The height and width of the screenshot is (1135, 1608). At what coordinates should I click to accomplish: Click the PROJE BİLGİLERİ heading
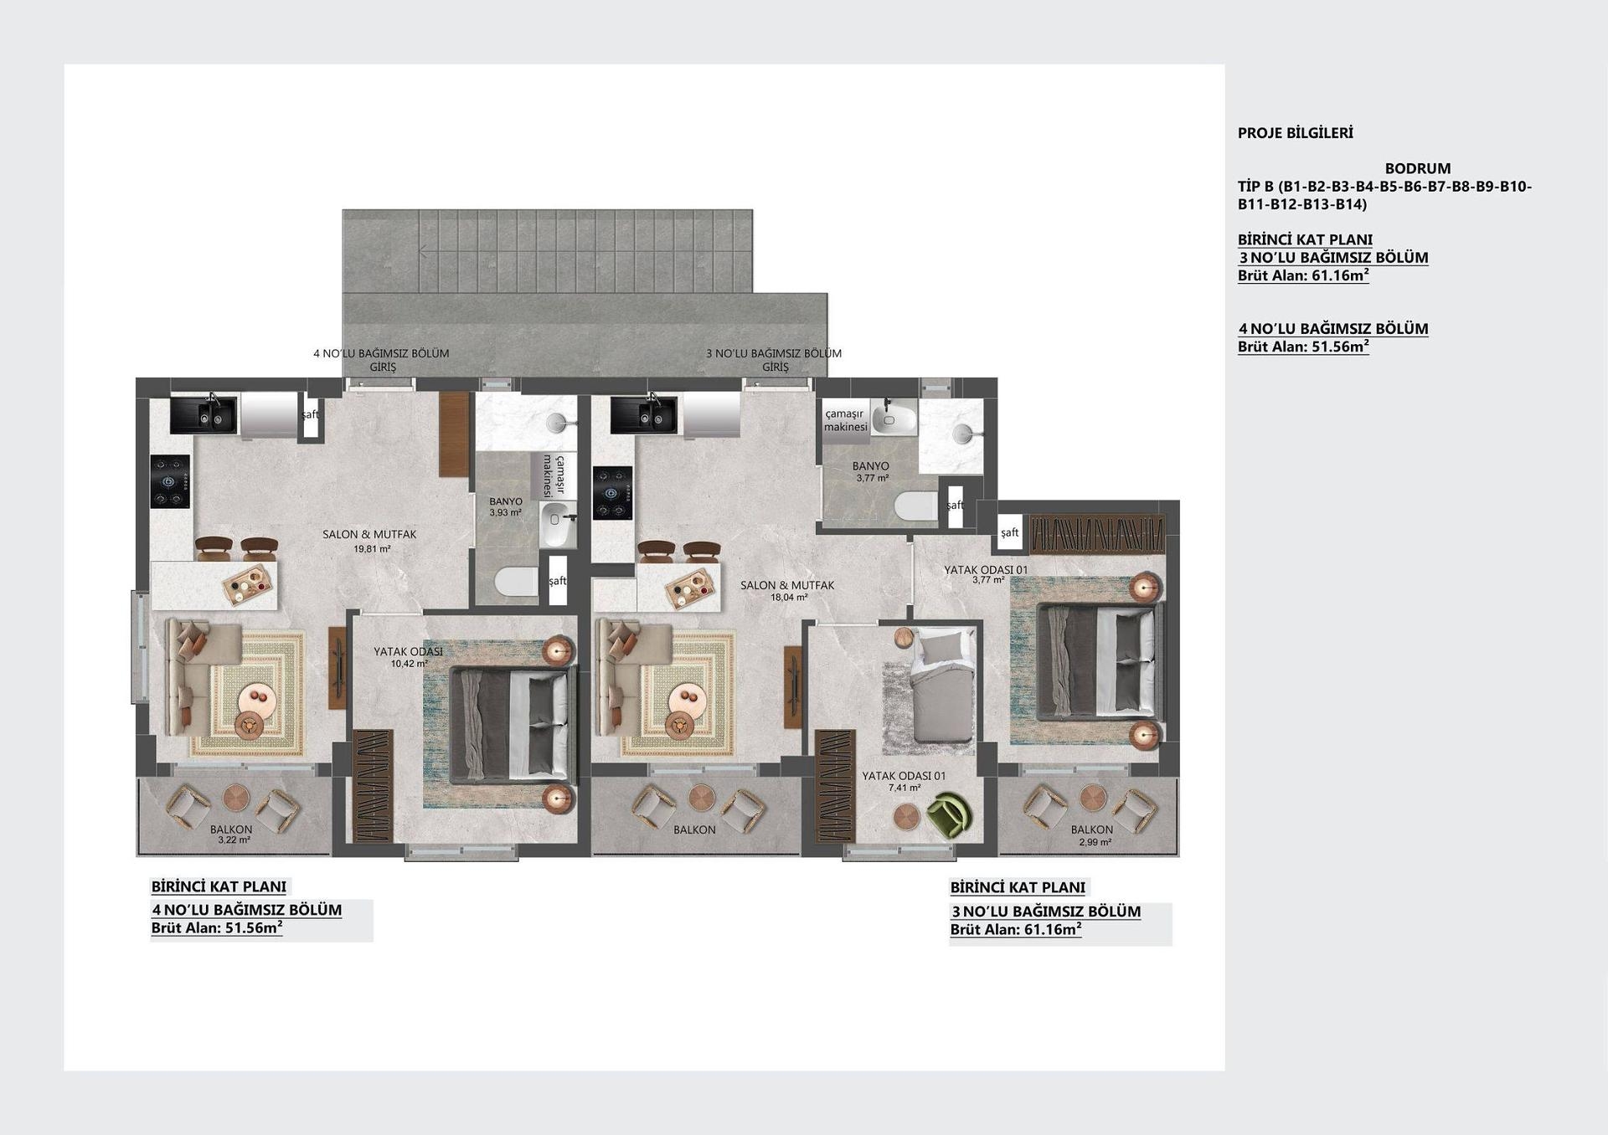tap(1295, 133)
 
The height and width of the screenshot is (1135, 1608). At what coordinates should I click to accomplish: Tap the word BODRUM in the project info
tap(1417, 168)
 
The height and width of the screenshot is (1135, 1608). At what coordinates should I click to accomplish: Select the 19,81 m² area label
tap(372, 550)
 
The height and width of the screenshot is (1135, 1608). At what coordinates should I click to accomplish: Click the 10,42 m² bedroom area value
tap(409, 664)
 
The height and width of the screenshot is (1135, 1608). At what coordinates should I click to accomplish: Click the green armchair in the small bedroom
tap(951, 814)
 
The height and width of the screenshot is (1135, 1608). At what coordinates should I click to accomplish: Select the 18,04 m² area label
tap(789, 598)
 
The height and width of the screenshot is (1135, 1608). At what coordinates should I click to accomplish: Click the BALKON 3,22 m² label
tap(231, 835)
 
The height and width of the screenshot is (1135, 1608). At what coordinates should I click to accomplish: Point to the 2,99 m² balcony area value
tap(1095, 843)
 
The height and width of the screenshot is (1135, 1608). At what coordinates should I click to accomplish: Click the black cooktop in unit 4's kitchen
tap(171, 481)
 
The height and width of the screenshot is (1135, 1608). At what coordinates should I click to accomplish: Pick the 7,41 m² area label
tap(904, 788)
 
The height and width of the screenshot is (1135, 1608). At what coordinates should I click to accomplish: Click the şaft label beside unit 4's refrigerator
tap(310, 414)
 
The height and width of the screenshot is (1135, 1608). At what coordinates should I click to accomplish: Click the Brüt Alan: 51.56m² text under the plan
tap(216, 928)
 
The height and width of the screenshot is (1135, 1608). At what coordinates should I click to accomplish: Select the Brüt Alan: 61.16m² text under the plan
tap(1016, 930)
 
